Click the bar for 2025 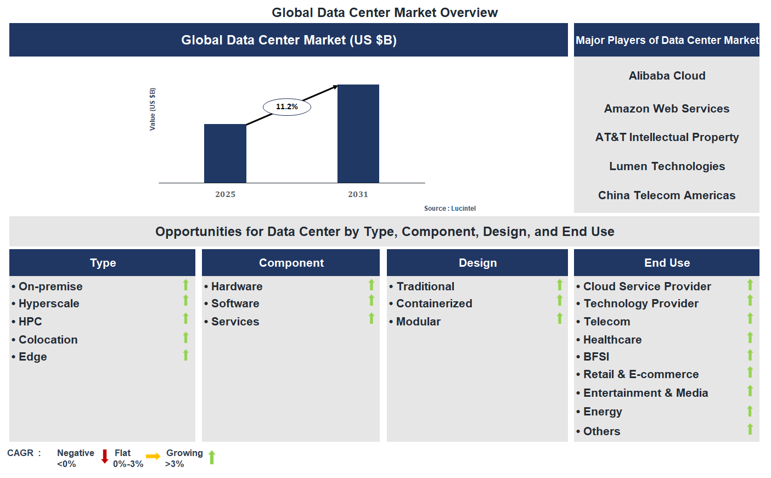[225, 154]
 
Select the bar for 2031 [358, 134]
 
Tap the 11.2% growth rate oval [287, 106]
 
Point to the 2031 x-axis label [358, 194]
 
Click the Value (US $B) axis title [153, 109]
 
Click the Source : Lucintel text [449, 209]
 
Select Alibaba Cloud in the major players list [667, 76]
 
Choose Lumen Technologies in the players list [667, 166]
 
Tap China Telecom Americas [667, 195]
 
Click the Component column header [291, 263]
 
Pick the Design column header [477, 263]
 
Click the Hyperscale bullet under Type [49, 303]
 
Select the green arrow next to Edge [185, 355]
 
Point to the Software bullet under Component [235, 303]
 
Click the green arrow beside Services [372, 318]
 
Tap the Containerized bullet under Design [434, 303]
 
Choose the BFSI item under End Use [596, 357]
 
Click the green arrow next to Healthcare [750, 338]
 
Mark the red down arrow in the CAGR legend [105, 457]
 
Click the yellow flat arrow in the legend [153, 457]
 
